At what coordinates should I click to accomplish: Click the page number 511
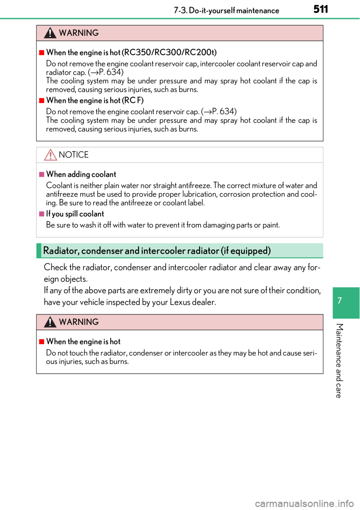(321, 10)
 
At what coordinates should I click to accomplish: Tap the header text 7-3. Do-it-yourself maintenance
(226, 10)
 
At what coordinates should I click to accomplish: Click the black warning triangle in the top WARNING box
(50, 33)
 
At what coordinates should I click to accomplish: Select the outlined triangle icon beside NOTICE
(50, 155)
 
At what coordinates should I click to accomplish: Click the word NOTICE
(73, 155)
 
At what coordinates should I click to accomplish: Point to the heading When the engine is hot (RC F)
(95, 100)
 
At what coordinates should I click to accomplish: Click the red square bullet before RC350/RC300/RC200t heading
(42, 53)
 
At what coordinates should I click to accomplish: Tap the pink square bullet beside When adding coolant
(42, 175)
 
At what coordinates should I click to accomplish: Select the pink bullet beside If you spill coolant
(42, 214)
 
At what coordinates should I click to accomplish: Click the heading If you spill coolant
(75, 214)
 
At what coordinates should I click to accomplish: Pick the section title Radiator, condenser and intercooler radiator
(157, 250)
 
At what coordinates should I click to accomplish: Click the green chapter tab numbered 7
(346, 303)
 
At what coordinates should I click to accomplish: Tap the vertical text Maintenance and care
(339, 361)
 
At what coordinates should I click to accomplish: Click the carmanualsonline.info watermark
(304, 504)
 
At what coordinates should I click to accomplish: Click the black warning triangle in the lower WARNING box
(50, 322)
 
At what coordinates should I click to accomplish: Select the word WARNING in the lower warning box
(79, 322)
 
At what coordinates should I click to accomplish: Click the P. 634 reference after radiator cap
(111, 72)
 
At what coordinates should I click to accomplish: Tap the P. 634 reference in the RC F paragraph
(224, 112)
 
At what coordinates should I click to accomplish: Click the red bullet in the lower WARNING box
(42, 342)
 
